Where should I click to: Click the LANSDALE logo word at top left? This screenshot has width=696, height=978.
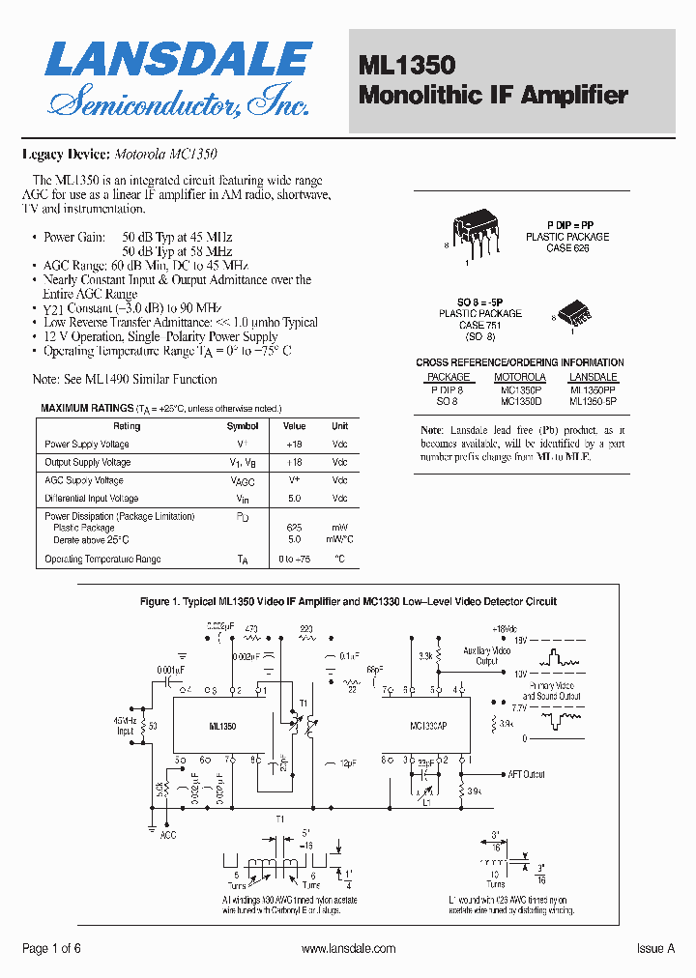tap(178, 60)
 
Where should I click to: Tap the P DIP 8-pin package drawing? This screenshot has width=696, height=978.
tap(475, 232)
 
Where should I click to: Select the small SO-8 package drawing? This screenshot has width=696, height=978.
tap(576, 312)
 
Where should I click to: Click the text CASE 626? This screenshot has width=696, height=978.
tap(567, 248)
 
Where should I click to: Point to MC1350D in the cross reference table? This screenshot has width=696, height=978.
tap(521, 400)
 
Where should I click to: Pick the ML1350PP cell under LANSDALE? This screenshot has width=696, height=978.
tap(593, 388)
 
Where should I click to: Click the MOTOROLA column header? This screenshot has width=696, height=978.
tap(520, 377)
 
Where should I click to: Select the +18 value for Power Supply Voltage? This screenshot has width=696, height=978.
tap(295, 445)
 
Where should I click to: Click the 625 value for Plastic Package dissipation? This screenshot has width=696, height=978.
tap(295, 528)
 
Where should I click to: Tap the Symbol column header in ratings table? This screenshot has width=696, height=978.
tap(243, 426)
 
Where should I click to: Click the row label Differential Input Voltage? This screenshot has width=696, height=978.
tap(92, 499)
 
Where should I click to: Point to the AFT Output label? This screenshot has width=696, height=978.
tap(526, 774)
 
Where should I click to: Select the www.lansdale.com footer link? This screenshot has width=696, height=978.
tap(348, 949)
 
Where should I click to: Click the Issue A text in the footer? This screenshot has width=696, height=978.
tap(655, 949)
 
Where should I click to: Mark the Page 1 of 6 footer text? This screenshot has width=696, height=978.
tap(51, 949)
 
